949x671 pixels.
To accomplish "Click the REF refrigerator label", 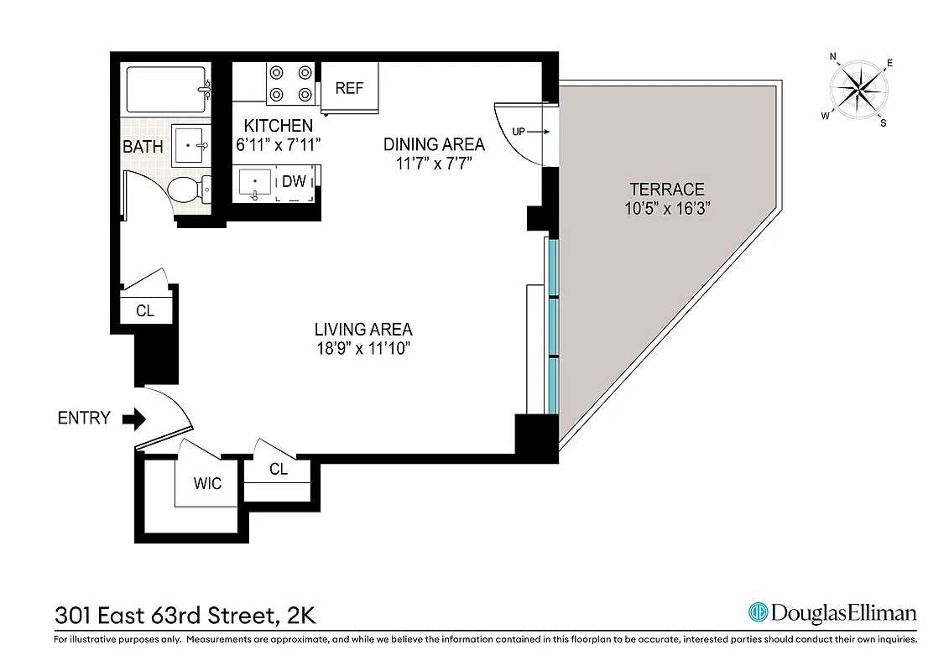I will pyautogui.click(x=349, y=88).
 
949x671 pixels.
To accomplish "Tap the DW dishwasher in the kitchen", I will pyautogui.click(x=294, y=181).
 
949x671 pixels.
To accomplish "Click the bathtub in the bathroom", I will pyautogui.click(x=168, y=90).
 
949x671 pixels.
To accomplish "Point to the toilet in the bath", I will pyautogui.click(x=188, y=190).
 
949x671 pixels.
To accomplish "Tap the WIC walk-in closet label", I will pyautogui.click(x=207, y=484).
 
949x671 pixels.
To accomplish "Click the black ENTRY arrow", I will pyautogui.click(x=133, y=419).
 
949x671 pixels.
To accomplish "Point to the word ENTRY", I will pyautogui.click(x=84, y=419).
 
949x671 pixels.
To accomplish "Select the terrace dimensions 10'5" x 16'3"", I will pyautogui.click(x=667, y=209).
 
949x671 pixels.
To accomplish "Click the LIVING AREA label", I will pyautogui.click(x=363, y=330).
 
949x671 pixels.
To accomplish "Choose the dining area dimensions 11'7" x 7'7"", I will pyautogui.click(x=434, y=164).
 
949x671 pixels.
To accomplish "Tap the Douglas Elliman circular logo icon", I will pyautogui.click(x=759, y=612).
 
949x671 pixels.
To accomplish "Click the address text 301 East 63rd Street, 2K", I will pyautogui.click(x=185, y=615).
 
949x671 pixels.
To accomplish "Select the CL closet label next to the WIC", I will pyautogui.click(x=279, y=470).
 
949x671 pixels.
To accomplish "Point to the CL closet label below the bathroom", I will pyautogui.click(x=145, y=311).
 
